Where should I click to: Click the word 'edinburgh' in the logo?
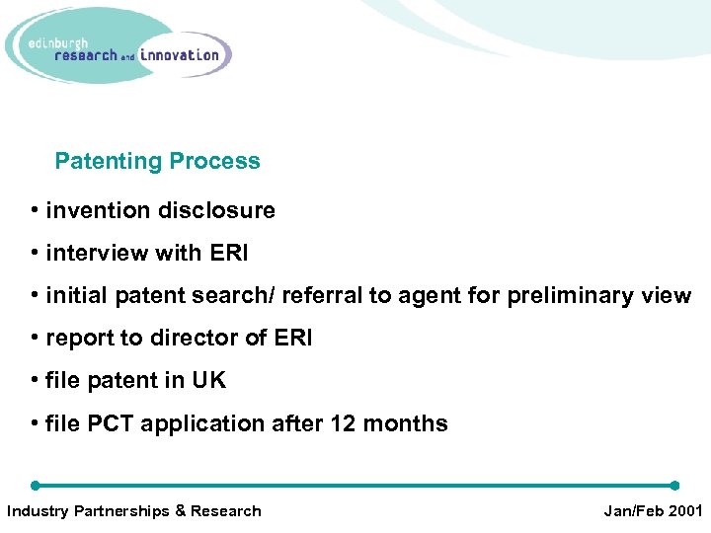click(60, 42)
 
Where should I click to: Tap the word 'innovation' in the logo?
click(180, 55)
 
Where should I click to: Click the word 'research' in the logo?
click(86, 56)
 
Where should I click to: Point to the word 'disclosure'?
click(222, 210)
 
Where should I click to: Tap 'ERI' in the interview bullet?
click(229, 254)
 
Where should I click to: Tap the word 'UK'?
click(208, 381)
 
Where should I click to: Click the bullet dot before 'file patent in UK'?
click(35, 381)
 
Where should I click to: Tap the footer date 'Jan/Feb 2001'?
click(652, 510)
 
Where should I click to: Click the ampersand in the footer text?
click(180, 510)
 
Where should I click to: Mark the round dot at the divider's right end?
click(674, 486)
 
